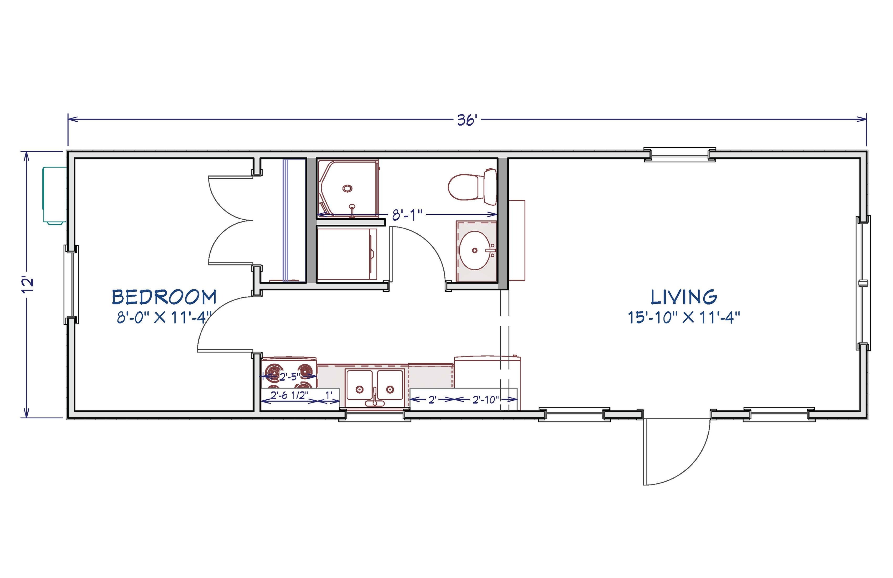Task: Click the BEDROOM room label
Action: coord(164,297)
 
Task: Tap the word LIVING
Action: coord(684,297)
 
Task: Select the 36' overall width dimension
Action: coord(467,120)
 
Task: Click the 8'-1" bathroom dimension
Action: coord(407,215)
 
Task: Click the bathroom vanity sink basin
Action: coord(475,250)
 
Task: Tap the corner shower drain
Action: coord(347,188)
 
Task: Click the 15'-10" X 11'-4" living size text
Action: coord(684,318)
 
